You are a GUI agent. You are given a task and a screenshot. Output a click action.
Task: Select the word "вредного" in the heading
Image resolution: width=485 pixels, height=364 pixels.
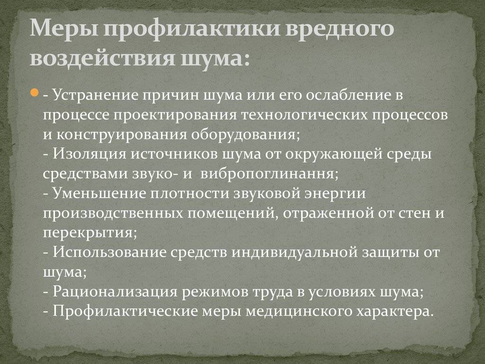(339, 28)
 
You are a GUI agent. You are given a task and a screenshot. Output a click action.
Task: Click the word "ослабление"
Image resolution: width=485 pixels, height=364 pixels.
(348, 95)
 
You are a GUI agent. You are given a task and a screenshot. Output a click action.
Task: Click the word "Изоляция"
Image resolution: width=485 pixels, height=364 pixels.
(90, 154)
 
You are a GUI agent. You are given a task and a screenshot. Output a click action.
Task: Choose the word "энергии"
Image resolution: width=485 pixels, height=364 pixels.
(335, 194)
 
